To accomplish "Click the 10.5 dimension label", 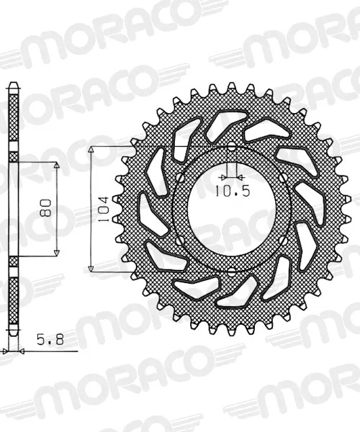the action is pyautogui.click(x=233, y=191).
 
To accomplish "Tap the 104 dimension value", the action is pyautogui.click(x=104, y=209).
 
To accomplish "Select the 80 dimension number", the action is pyautogui.click(x=46, y=208).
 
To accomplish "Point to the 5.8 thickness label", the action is pyautogui.click(x=50, y=339).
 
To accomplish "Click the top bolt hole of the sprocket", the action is pyautogui.click(x=232, y=147).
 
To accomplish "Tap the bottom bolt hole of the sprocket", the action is pyautogui.click(x=232, y=272).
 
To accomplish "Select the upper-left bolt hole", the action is pyautogui.click(x=180, y=178).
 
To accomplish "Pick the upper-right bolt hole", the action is pyautogui.click(x=283, y=178).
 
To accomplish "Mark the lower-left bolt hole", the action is pyautogui.click(x=180, y=241).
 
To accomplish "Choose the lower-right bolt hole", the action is pyautogui.click(x=283, y=241).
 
